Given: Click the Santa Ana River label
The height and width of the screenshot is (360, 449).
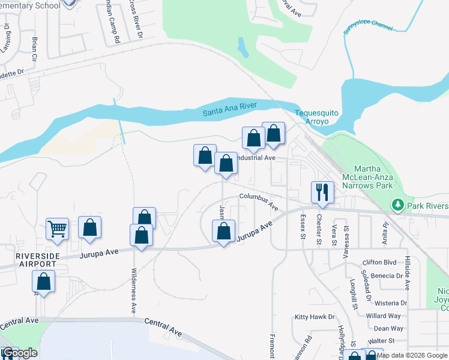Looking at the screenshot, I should click(x=229, y=109).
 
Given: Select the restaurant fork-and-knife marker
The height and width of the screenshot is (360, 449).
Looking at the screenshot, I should click(x=322, y=192).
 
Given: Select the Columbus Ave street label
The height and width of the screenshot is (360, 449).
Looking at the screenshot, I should click(x=259, y=201).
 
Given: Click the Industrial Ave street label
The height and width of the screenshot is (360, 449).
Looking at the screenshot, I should click(x=255, y=158).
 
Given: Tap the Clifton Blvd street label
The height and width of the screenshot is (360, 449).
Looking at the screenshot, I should click(x=381, y=263).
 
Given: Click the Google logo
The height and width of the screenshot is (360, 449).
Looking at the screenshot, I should click(x=20, y=353).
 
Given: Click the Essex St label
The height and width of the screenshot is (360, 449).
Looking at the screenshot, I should click(x=303, y=226).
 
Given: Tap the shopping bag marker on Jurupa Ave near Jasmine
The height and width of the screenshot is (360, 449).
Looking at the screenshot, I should click(x=223, y=232).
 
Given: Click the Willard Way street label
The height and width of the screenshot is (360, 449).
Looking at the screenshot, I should click(x=383, y=316).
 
